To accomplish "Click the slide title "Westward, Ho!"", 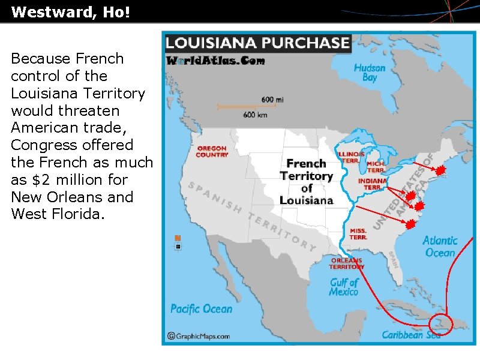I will click(70, 13).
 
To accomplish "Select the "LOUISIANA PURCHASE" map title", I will click(257, 43).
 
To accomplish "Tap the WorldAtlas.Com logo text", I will click(215, 61).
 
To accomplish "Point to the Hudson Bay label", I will click(370, 73).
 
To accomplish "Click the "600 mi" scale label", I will click(272, 100).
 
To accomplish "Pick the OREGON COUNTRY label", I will click(212, 151).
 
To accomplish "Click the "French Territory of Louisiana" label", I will click(307, 181).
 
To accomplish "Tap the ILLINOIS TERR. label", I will click(352, 157).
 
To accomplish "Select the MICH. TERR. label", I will click(377, 166).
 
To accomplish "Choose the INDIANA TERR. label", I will click(372, 184).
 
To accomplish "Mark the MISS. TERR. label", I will click(358, 233).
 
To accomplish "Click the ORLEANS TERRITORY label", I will click(347, 263).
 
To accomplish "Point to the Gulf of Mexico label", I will click(344, 287).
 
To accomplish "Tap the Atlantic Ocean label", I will click(440, 246).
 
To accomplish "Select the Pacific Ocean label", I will click(201, 309).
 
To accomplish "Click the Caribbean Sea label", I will click(411, 335).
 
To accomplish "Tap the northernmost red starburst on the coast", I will click(440, 171).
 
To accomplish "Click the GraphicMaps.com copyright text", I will click(199, 336).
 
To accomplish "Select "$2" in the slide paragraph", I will click(58, 179).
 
